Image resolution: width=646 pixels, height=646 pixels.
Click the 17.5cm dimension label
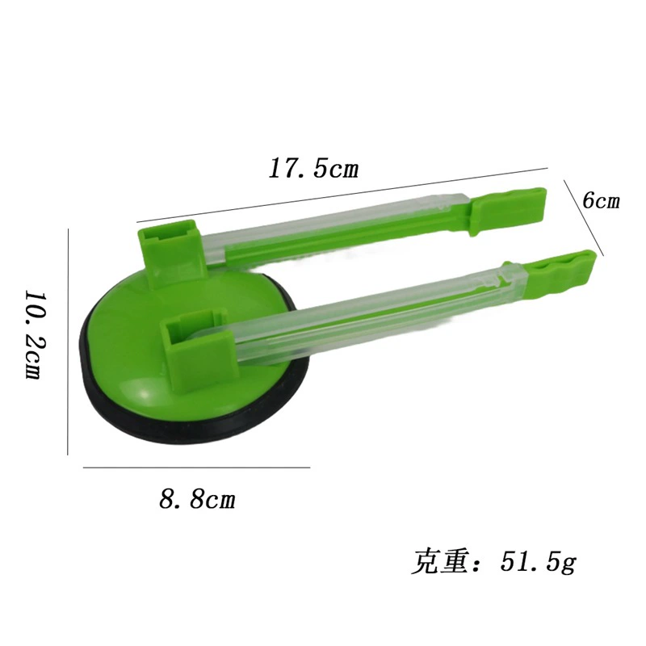[313, 169]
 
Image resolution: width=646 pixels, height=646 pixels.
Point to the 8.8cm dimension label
[197, 499]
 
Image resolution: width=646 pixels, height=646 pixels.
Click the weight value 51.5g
[538, 561]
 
